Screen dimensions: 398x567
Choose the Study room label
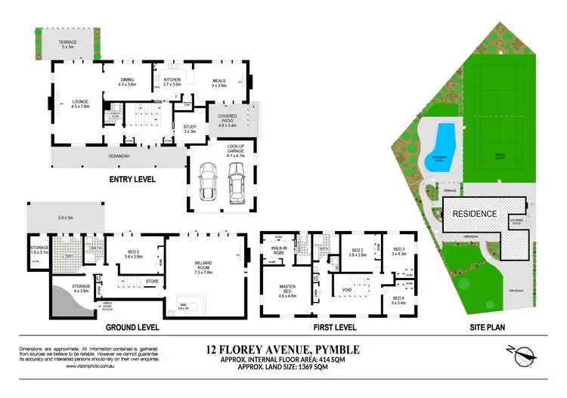click(189, 128)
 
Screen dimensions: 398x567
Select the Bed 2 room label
click(357, 253)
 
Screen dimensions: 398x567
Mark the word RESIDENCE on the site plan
click(475, 214)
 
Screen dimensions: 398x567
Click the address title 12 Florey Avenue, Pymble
click(283, 349)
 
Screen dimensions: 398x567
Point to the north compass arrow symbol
click(525, 356)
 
